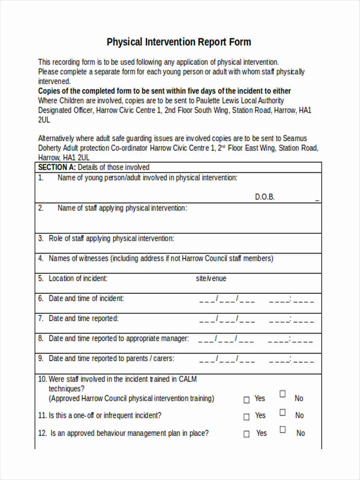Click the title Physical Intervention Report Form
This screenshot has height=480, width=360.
tap(179, 42)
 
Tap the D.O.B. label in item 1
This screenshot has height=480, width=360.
tap(265, 197)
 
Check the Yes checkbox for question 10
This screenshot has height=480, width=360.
tap(246, 400)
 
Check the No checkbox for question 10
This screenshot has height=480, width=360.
tap(283, 394)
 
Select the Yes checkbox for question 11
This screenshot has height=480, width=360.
tap(246, 417)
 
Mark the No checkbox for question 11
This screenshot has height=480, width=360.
tap(283, 412)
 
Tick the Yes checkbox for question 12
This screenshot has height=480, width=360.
tap(246, 434)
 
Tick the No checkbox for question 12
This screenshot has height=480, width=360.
tap(283, 430)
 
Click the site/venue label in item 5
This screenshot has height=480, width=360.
tap(211, 278)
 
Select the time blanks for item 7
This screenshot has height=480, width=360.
tap(291, 319)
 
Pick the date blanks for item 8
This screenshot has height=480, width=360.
tap(226, 339)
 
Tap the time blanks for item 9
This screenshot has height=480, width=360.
tap(291, 359)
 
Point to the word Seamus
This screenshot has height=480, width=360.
tap(295, 138)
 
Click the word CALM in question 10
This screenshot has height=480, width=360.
tap(188, 379)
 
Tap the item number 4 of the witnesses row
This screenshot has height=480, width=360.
tap(41, 258)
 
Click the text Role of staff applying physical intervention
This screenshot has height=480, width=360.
tap(111, 238)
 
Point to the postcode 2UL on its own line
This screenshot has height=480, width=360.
tap(44, 120)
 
